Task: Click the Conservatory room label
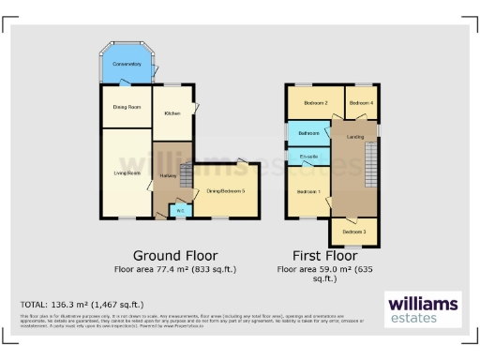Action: [x=127, y=64]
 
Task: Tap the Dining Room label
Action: [x=127, y=108]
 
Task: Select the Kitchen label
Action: [x=172, y=113]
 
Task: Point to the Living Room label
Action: [x=127, y=172]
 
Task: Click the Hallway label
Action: [x=169, y=175]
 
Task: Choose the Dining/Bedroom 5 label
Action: [x=226, y=191]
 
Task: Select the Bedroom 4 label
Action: [x=360, y=102]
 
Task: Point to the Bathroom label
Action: [x=309, y=134]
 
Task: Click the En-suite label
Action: [x=308, y=156]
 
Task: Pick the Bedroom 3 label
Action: [x=353, y=231]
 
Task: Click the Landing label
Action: [x=355, y=139]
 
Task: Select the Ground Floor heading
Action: [x=174, y=255]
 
